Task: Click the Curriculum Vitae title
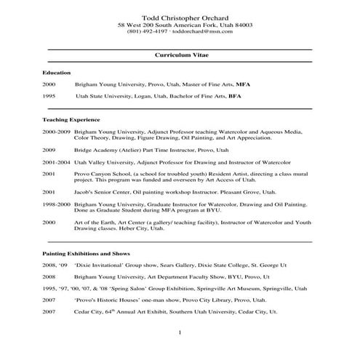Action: [x=180, y=55]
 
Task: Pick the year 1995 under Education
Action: [x=49, y=95]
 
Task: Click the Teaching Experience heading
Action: [x=71, y=119]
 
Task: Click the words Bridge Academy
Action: [x=95, y=149]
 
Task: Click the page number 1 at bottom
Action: [x=180, y=333]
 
